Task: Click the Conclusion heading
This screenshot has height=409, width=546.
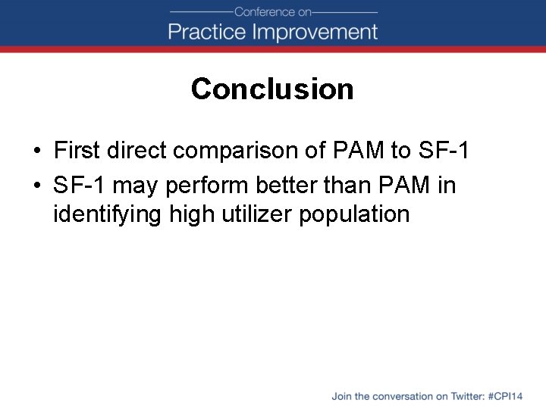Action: click(x=272, y=89)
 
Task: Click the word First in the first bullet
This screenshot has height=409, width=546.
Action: click(x=77, y=151)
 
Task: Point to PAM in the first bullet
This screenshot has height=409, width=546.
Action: click(x=359, y=151)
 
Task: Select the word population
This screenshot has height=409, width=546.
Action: click(x=354, y=215)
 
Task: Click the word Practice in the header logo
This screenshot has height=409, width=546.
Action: click(x=206, y=32)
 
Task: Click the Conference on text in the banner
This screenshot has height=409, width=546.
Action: click(x=272, y=11)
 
